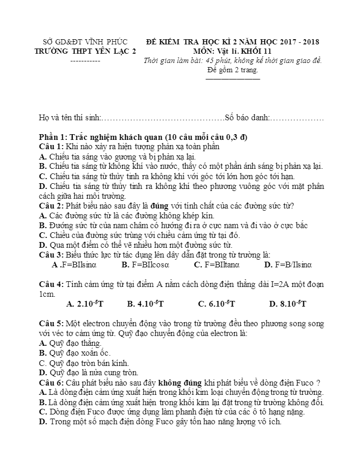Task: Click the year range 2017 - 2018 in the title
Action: click(x=296, y=41)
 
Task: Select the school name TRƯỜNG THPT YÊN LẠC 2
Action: click(x=86, y=51)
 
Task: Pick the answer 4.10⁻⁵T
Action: click(x=151, y=304)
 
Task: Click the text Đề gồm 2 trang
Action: click(x=233, y=70)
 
